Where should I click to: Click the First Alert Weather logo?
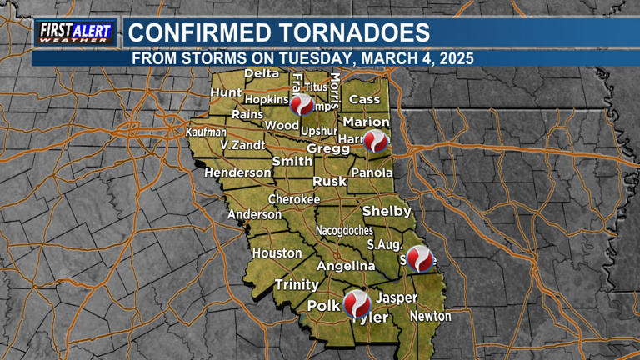tap(74, 32)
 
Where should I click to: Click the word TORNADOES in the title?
tap(351, 33)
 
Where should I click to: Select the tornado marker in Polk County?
tap(357, 302)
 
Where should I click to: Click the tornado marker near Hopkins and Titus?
tap(302, 104)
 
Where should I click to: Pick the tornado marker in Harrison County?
tap(376, 142)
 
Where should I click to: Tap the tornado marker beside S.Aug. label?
tap(421, 258)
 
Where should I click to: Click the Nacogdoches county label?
tap(344, 230)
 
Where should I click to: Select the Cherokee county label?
tap(293, 200)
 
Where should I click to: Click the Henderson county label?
tap(238, 172)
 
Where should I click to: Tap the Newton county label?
tap(430, 316)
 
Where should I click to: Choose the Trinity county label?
tap(297, 284)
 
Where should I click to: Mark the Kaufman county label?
tap(205, 132)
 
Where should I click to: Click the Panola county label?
tap(371, 172)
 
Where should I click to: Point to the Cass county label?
tap(364, 99)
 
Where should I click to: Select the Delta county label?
tap(261, 73)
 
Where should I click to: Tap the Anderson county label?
tap(255, 214)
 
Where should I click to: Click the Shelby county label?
tap(387, 211)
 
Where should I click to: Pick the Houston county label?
tap(277, 252)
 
